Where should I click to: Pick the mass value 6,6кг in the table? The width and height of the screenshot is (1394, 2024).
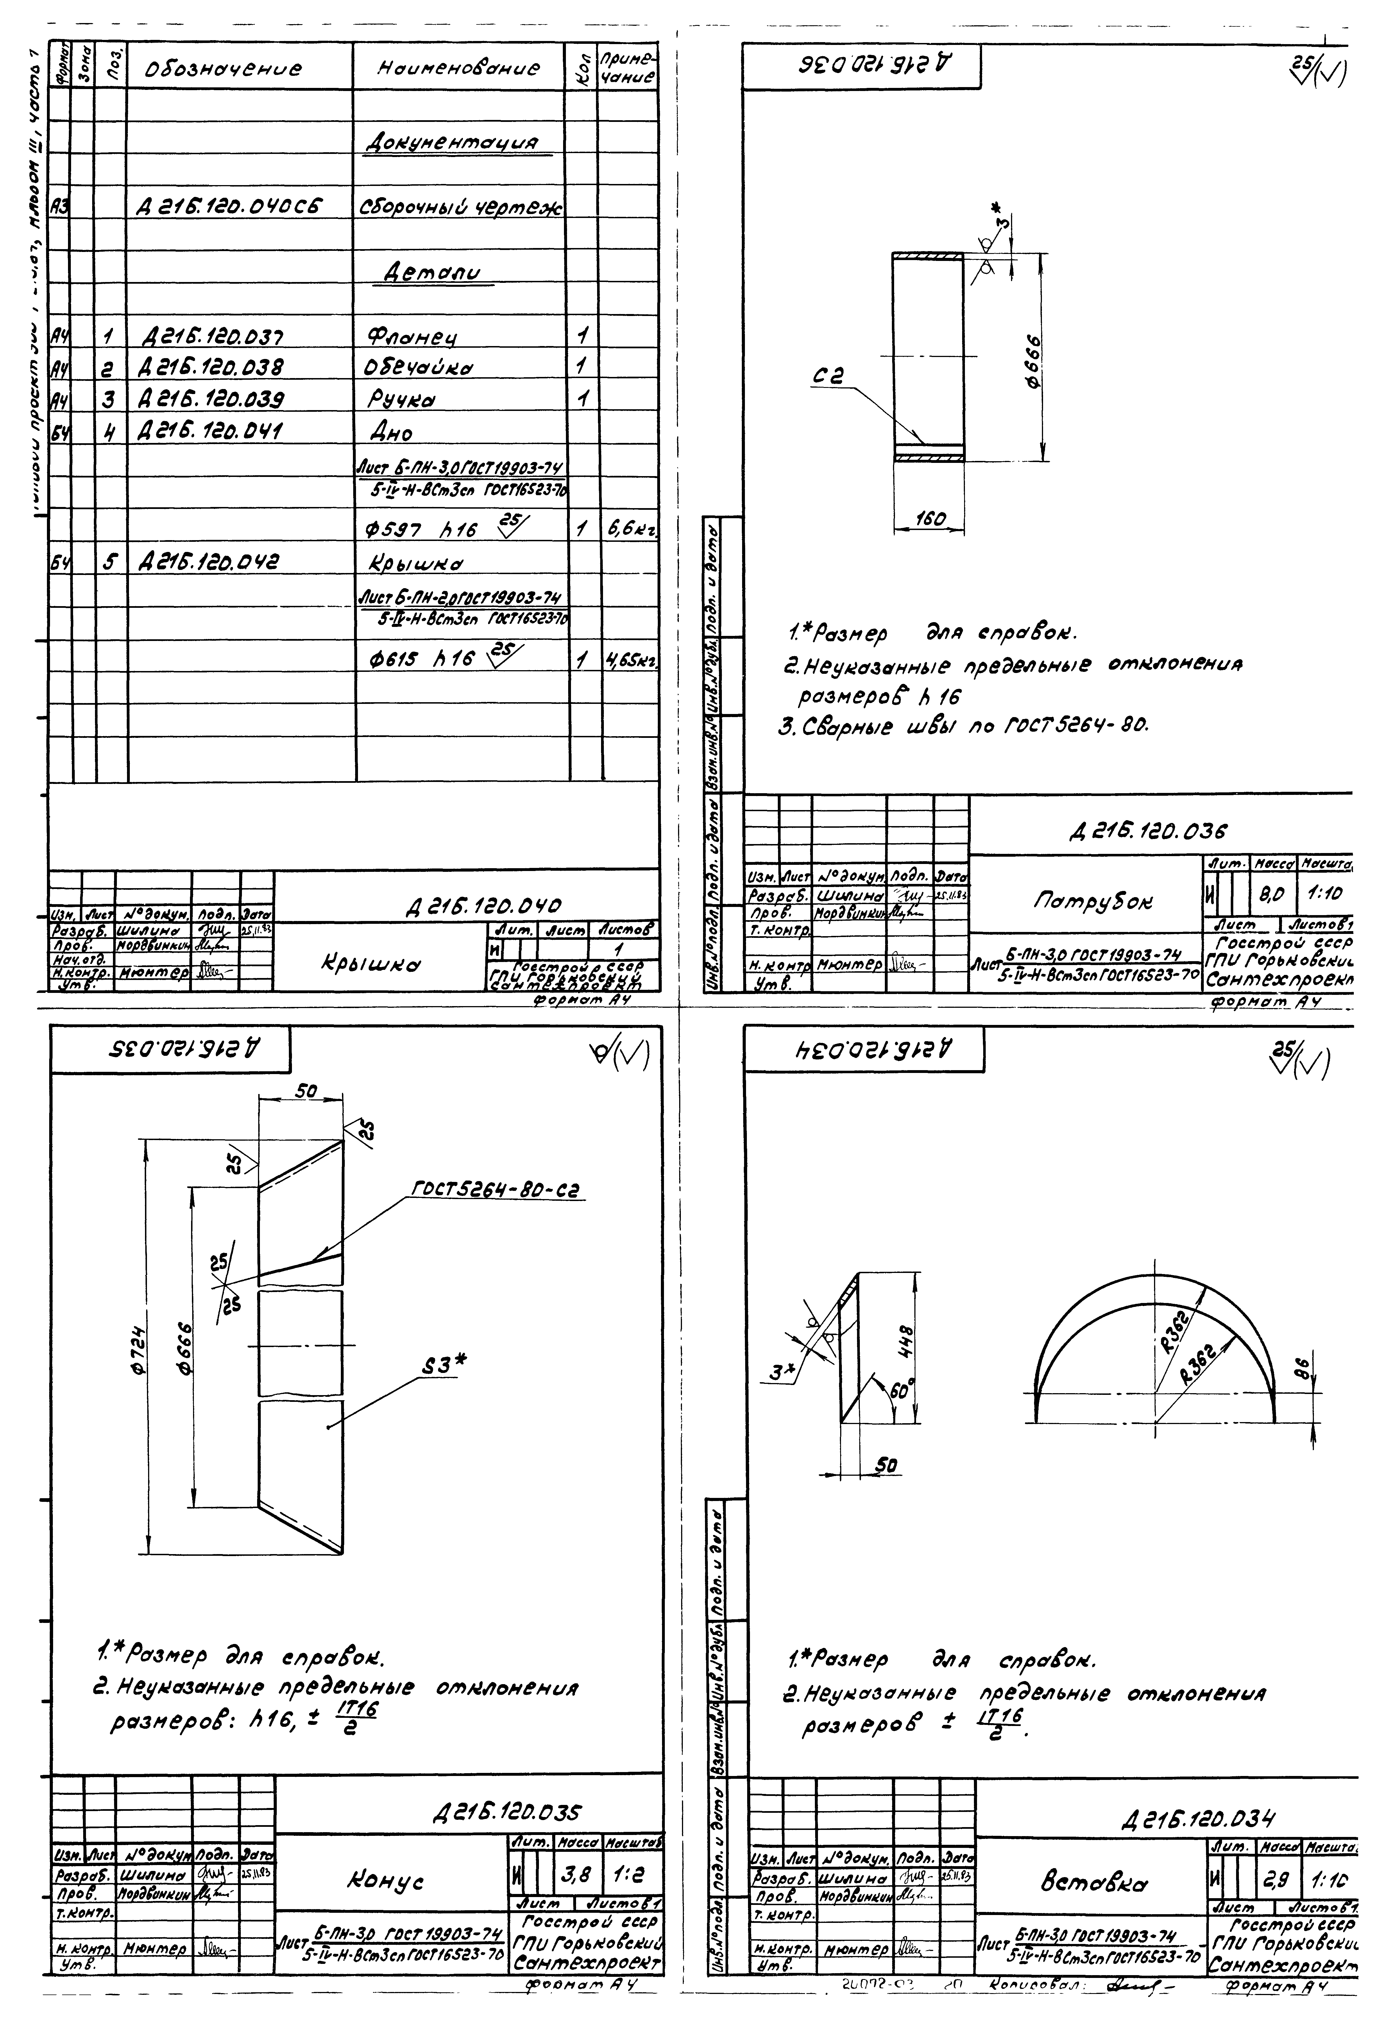click(x=629, y=529)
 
